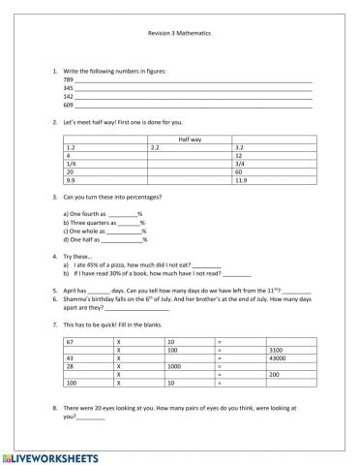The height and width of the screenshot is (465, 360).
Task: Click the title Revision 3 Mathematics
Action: coord(179,33)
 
